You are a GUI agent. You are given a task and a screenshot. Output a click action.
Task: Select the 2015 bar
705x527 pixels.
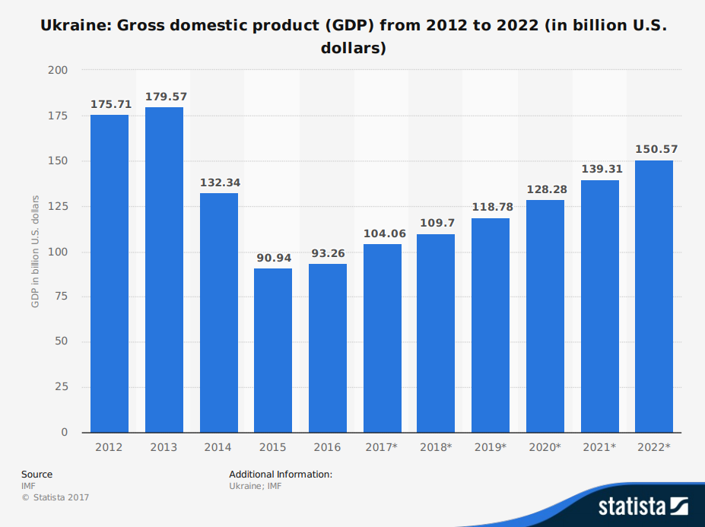273,351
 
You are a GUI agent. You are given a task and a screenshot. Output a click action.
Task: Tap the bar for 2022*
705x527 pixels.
654,297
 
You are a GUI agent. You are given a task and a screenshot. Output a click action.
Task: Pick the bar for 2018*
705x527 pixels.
436,334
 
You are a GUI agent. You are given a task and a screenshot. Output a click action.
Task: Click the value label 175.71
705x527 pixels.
110,104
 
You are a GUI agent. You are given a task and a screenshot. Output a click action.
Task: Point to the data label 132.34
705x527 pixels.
219,183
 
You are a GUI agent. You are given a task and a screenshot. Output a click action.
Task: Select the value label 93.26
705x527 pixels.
328,253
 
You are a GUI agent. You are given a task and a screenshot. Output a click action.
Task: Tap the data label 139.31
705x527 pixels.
600,170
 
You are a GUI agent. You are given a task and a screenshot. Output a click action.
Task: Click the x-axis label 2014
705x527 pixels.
218,447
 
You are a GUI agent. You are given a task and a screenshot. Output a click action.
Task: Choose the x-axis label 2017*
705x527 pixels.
382,447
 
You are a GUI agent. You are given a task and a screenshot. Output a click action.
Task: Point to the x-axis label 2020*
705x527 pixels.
545,447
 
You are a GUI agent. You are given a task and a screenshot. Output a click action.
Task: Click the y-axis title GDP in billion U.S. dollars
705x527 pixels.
35,252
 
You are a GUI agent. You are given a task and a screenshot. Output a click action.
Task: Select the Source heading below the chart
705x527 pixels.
37,475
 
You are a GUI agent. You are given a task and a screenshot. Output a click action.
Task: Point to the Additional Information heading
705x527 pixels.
281,475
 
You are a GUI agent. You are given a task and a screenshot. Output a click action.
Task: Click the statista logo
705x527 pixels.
643,506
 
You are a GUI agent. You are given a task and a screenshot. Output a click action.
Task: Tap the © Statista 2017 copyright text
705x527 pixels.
55,497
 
